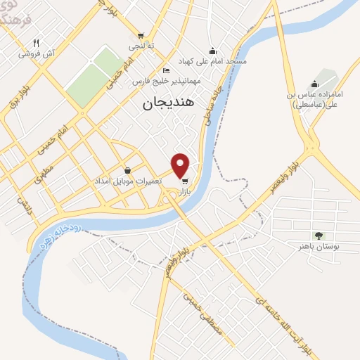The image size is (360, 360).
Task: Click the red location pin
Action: coord(181,165)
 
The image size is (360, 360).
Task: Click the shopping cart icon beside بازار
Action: coord(184,181)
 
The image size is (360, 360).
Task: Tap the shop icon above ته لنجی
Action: coord(141,35)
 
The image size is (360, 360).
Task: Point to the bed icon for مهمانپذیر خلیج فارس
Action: coord(165,70)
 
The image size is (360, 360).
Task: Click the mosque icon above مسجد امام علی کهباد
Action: coord(212,51)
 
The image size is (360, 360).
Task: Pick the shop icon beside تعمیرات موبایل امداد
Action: coord(127,170)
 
